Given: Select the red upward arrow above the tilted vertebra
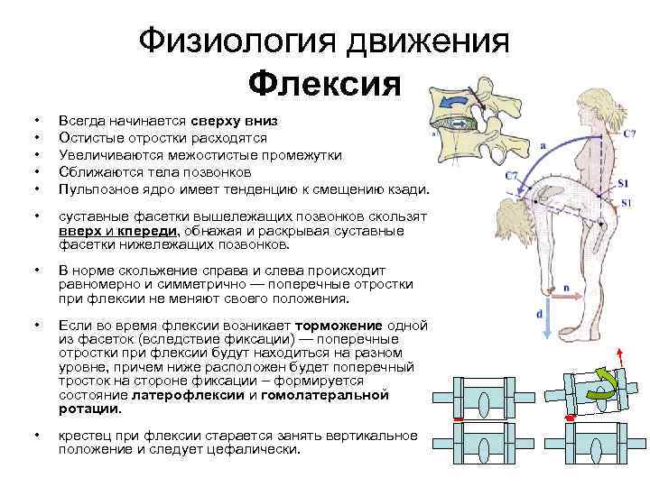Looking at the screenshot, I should coord(620,357).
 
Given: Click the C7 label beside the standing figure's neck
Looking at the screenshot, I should coord(629,133).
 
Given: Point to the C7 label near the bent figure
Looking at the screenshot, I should coord(511,173).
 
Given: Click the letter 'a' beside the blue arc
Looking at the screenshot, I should coord(542,144).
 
